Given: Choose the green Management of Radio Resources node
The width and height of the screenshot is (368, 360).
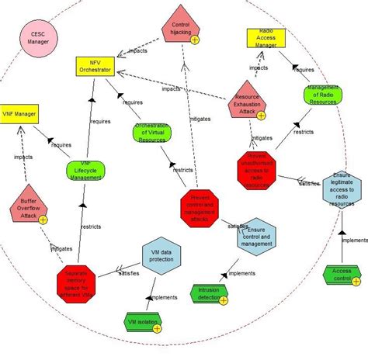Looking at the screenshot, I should click(321, 94).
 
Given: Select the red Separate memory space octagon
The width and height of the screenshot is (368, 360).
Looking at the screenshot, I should click(81, 282).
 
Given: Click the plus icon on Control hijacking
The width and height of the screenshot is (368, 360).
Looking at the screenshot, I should click(195, 40).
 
